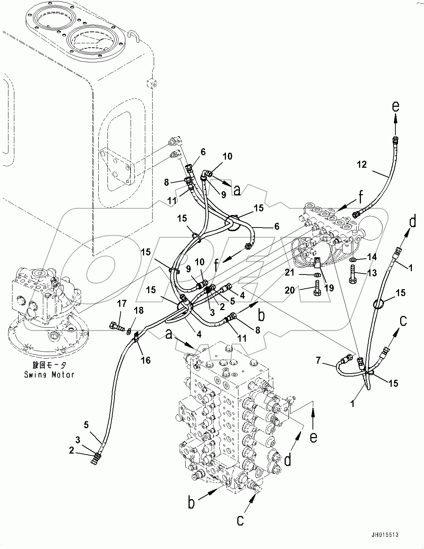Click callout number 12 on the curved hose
pos(362,164)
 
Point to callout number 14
pos(372,257)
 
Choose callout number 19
pos(329,288)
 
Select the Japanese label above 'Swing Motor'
pos(50,365)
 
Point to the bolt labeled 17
pos(114,325)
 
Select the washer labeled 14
pos(353,260)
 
